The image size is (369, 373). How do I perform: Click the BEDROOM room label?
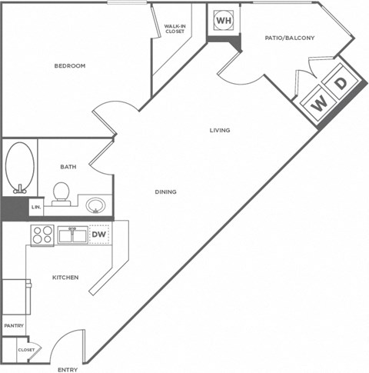click(x=69, y=66)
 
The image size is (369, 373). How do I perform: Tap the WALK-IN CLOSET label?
click(x=175, y=30)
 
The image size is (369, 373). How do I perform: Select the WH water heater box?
click(x=223, y=20)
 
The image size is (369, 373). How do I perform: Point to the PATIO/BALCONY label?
click(x=290, y=37)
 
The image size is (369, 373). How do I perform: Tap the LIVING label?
click(x=220, y=130)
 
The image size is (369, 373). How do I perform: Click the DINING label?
click(x=165, y=192)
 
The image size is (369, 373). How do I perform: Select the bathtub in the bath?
click(x=19, y=165)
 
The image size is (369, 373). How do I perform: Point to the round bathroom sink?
click(x=97, y=205)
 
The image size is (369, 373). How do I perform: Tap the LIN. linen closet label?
click(x=35, y=208)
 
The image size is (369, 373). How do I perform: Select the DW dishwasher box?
click(x=98, y=234)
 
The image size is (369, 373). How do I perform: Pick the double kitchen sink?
click(x=71, y=235)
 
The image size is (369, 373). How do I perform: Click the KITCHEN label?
click(x=65, y=277)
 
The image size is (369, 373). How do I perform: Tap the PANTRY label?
click(x=14, y=325)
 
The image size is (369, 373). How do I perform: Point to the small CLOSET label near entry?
click(x=27, y=350)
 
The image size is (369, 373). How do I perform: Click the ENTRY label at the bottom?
click(x=68, y=369)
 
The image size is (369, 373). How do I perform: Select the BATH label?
click(x=68, y=166)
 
